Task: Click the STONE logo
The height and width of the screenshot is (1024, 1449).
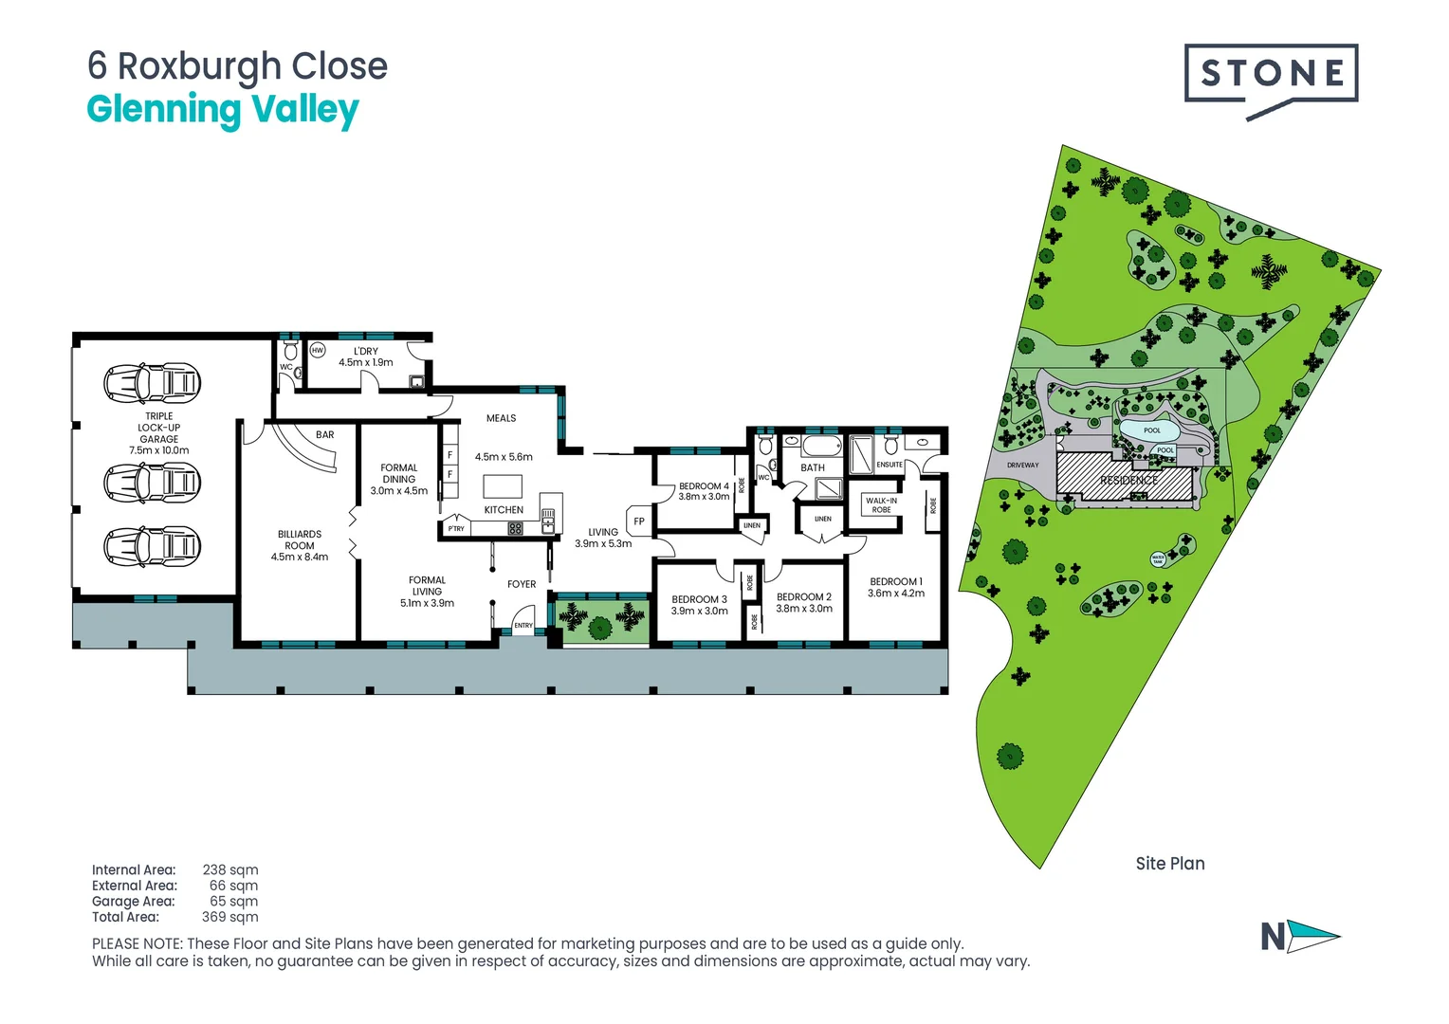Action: tap(1271, 74)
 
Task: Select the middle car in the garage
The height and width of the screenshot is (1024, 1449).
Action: tap(153, 483)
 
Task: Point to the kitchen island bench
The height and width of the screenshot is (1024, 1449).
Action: tap(503, 486)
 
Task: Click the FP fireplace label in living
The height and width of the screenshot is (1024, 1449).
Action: tap(639, 521)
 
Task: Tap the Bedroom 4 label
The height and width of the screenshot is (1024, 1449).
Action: tap(704, 486)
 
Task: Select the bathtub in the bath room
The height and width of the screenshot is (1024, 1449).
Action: tap(821, 446)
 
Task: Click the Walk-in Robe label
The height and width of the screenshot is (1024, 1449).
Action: tap(881, 505)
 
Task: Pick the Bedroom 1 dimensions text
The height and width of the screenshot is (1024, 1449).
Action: tap(895, 594)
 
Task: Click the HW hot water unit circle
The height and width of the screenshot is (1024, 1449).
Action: tap(318, 351)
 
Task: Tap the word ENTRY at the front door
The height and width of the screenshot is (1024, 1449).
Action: tap(523, 626)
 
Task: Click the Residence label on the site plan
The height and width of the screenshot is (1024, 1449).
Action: tap(1128, 481)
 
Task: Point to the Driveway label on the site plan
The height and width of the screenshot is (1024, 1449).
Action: tap(1022, 466)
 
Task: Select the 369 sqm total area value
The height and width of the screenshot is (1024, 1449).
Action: tap(229, 917)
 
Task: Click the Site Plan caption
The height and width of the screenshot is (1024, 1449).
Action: tap(1170, 864)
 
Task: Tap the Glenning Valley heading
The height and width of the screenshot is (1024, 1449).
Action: tap(223, 109)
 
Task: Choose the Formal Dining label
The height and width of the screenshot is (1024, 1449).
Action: tap(399, 473)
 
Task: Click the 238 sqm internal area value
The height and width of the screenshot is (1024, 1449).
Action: tap(229, 869)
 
